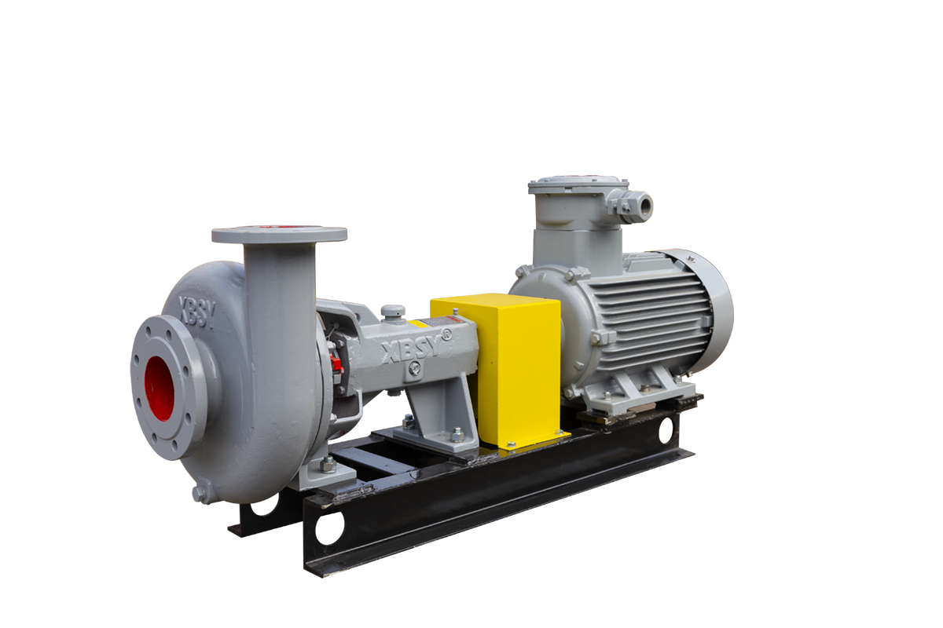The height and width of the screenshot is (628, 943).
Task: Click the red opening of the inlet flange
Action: pyautogui.click(x=160, y=387)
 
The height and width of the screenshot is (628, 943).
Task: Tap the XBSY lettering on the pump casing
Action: pyautogui.click(x=196, y=312)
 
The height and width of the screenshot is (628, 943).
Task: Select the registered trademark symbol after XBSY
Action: pyautogui.click(x=446, y=334)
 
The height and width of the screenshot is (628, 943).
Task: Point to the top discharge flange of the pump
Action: pyautogui.click(x=279, y=234)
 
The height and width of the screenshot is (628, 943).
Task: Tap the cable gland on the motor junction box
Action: pyautogui.click(x=640, y=206)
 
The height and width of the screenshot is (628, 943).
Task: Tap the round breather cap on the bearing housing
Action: pyautogui.click(x=393, y=311)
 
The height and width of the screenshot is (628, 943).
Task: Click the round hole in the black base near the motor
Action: pyautogui.click(x=666, y=430)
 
